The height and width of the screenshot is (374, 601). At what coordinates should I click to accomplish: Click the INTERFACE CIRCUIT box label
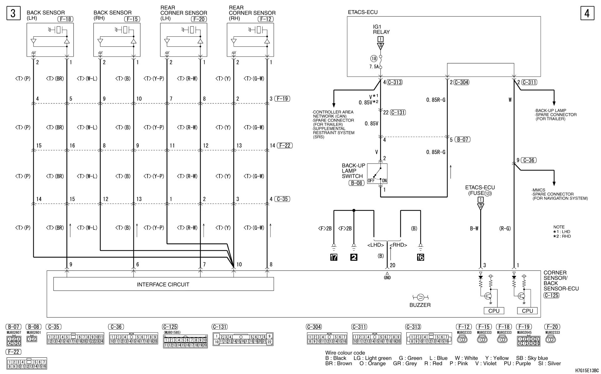pyautogui.click(x=163, y=285)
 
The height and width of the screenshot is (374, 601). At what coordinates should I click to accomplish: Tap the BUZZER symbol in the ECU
pyautogui.click(x=420, y=297)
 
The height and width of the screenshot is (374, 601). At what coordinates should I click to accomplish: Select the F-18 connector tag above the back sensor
pyautogui.click(x=65, y=19)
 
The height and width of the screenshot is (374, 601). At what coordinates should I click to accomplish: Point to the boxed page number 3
pyautogui.click(x=13, y=13)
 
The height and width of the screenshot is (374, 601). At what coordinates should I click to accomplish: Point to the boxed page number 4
pyautogui.click(x=587, y=13)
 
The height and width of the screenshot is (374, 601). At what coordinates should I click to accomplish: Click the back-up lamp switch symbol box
pyautogui.click(x=377, y=174)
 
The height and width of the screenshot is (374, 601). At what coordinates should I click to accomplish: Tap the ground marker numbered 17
pyautogui.click(x=334, y=257)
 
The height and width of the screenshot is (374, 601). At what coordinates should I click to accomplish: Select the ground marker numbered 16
pyautogui.click(x=420, y=257)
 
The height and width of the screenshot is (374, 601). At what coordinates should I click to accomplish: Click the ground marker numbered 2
pyautogui.click(x=354, y=257)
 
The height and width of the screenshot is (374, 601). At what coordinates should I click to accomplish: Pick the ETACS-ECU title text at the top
pyautogui.click(x=363, y=12)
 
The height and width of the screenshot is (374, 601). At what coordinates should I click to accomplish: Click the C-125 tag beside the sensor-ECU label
pyautogui.click(x=551, y=295)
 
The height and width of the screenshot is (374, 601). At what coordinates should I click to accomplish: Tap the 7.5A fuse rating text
pyautogui.click(x=374, y=67)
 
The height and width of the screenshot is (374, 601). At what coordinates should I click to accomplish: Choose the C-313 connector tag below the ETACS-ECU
pyautogui.click(x=394, y=82)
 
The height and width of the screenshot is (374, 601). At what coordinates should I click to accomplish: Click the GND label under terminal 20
pyautogui.click(x=387, y=277)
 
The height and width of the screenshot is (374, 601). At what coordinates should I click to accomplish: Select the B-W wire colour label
pyautogui.click(x=474, y=229)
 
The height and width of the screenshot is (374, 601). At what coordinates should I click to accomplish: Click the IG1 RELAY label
pyautogui.click(x=381, y=29)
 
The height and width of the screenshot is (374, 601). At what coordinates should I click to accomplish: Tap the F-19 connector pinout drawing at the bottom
pyautogui.click(x=528, y=341)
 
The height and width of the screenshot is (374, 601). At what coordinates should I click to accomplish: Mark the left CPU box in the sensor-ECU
pyautogui.click(x=494, y=311)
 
